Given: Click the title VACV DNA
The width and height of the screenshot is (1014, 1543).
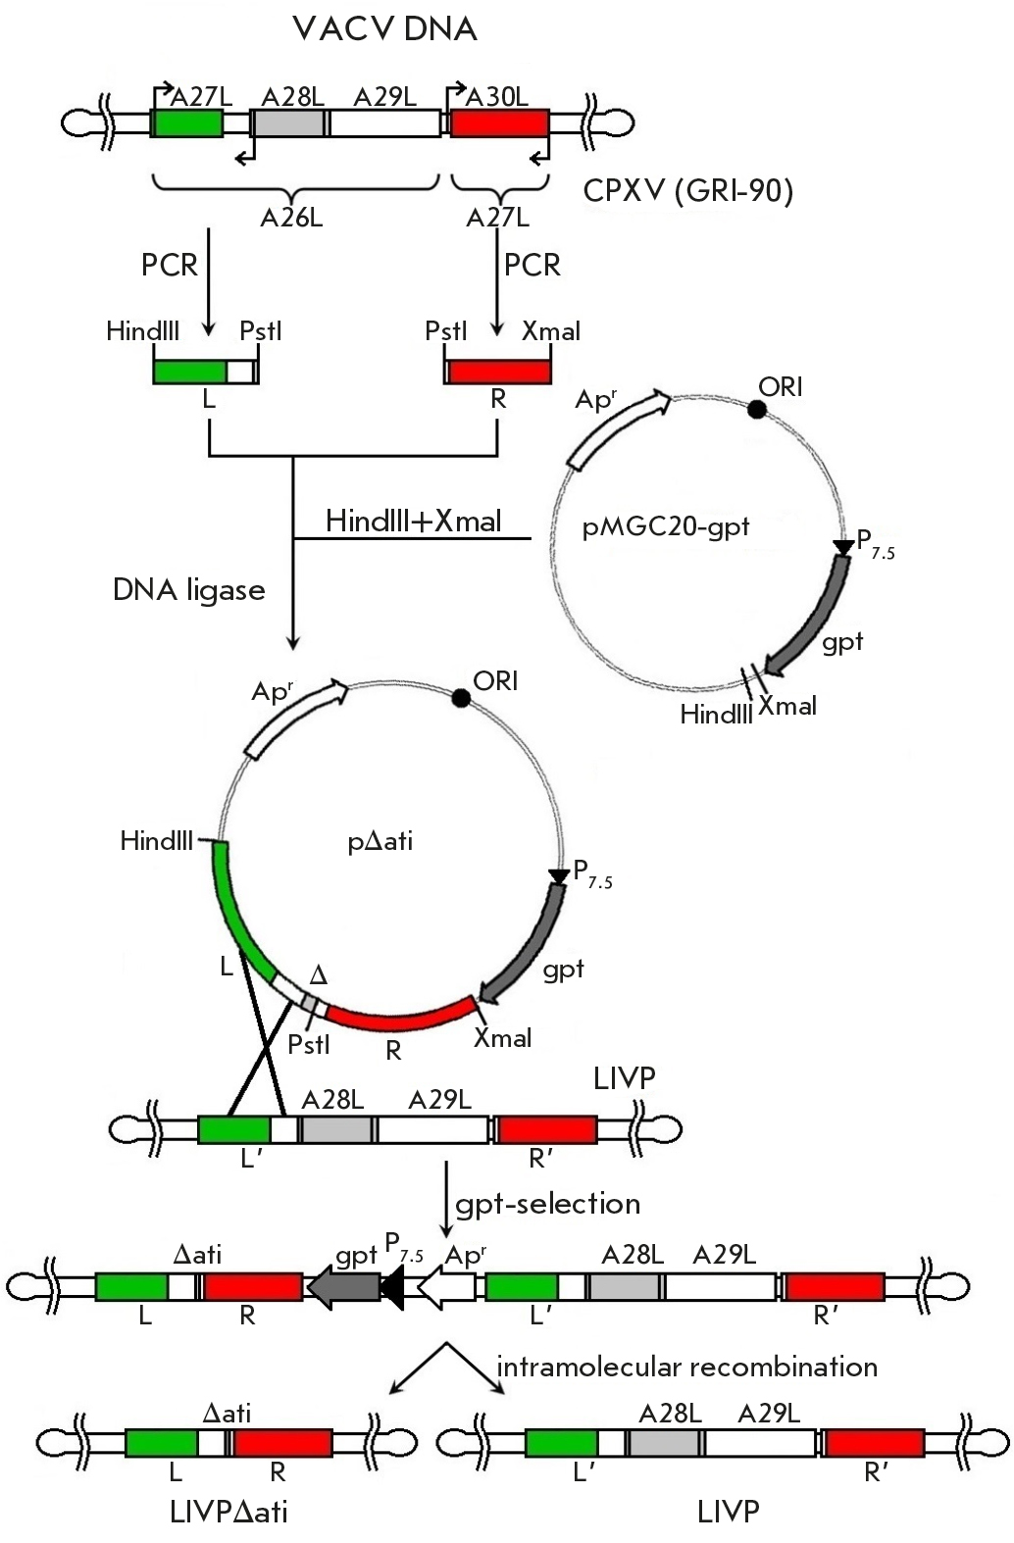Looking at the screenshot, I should click(x=384, y=29).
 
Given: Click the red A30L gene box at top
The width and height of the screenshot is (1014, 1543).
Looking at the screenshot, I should click(x=499, y=123).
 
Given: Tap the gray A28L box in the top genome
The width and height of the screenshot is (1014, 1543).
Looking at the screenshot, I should click(x=288, y=123).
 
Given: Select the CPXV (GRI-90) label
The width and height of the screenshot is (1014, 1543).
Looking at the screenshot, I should click(x=687, y=190).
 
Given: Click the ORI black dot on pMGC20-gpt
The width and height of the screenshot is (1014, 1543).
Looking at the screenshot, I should click(x=756, y=409).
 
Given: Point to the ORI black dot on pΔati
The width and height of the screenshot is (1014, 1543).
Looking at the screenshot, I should click(x=460, y=697).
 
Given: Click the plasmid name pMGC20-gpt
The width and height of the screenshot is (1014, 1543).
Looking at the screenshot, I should click(x=666, y=527).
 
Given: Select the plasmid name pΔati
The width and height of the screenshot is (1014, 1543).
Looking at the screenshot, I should click(x=380, y=841).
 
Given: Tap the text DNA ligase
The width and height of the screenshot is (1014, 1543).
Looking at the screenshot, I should click(x=189, y=590).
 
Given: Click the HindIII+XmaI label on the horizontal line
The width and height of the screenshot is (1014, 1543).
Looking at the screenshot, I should click(x=413, y=521).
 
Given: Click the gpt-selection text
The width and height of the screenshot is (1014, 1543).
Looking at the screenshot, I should click(x=547, y=1203).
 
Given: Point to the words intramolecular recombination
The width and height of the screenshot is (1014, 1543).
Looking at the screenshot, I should click(x=686, y=1367).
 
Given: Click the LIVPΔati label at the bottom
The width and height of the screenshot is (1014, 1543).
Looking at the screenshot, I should click(x=228, y=1512).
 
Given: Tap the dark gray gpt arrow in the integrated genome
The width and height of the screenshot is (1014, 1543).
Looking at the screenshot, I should click(x=344, y=1286).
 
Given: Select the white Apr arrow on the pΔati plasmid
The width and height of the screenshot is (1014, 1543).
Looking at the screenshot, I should click(x=297, y=719).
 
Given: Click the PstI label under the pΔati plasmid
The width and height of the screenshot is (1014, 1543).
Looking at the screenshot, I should click(x=309, y=1044).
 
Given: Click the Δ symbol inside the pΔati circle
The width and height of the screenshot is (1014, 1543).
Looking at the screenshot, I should click(x=318, y=975).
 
